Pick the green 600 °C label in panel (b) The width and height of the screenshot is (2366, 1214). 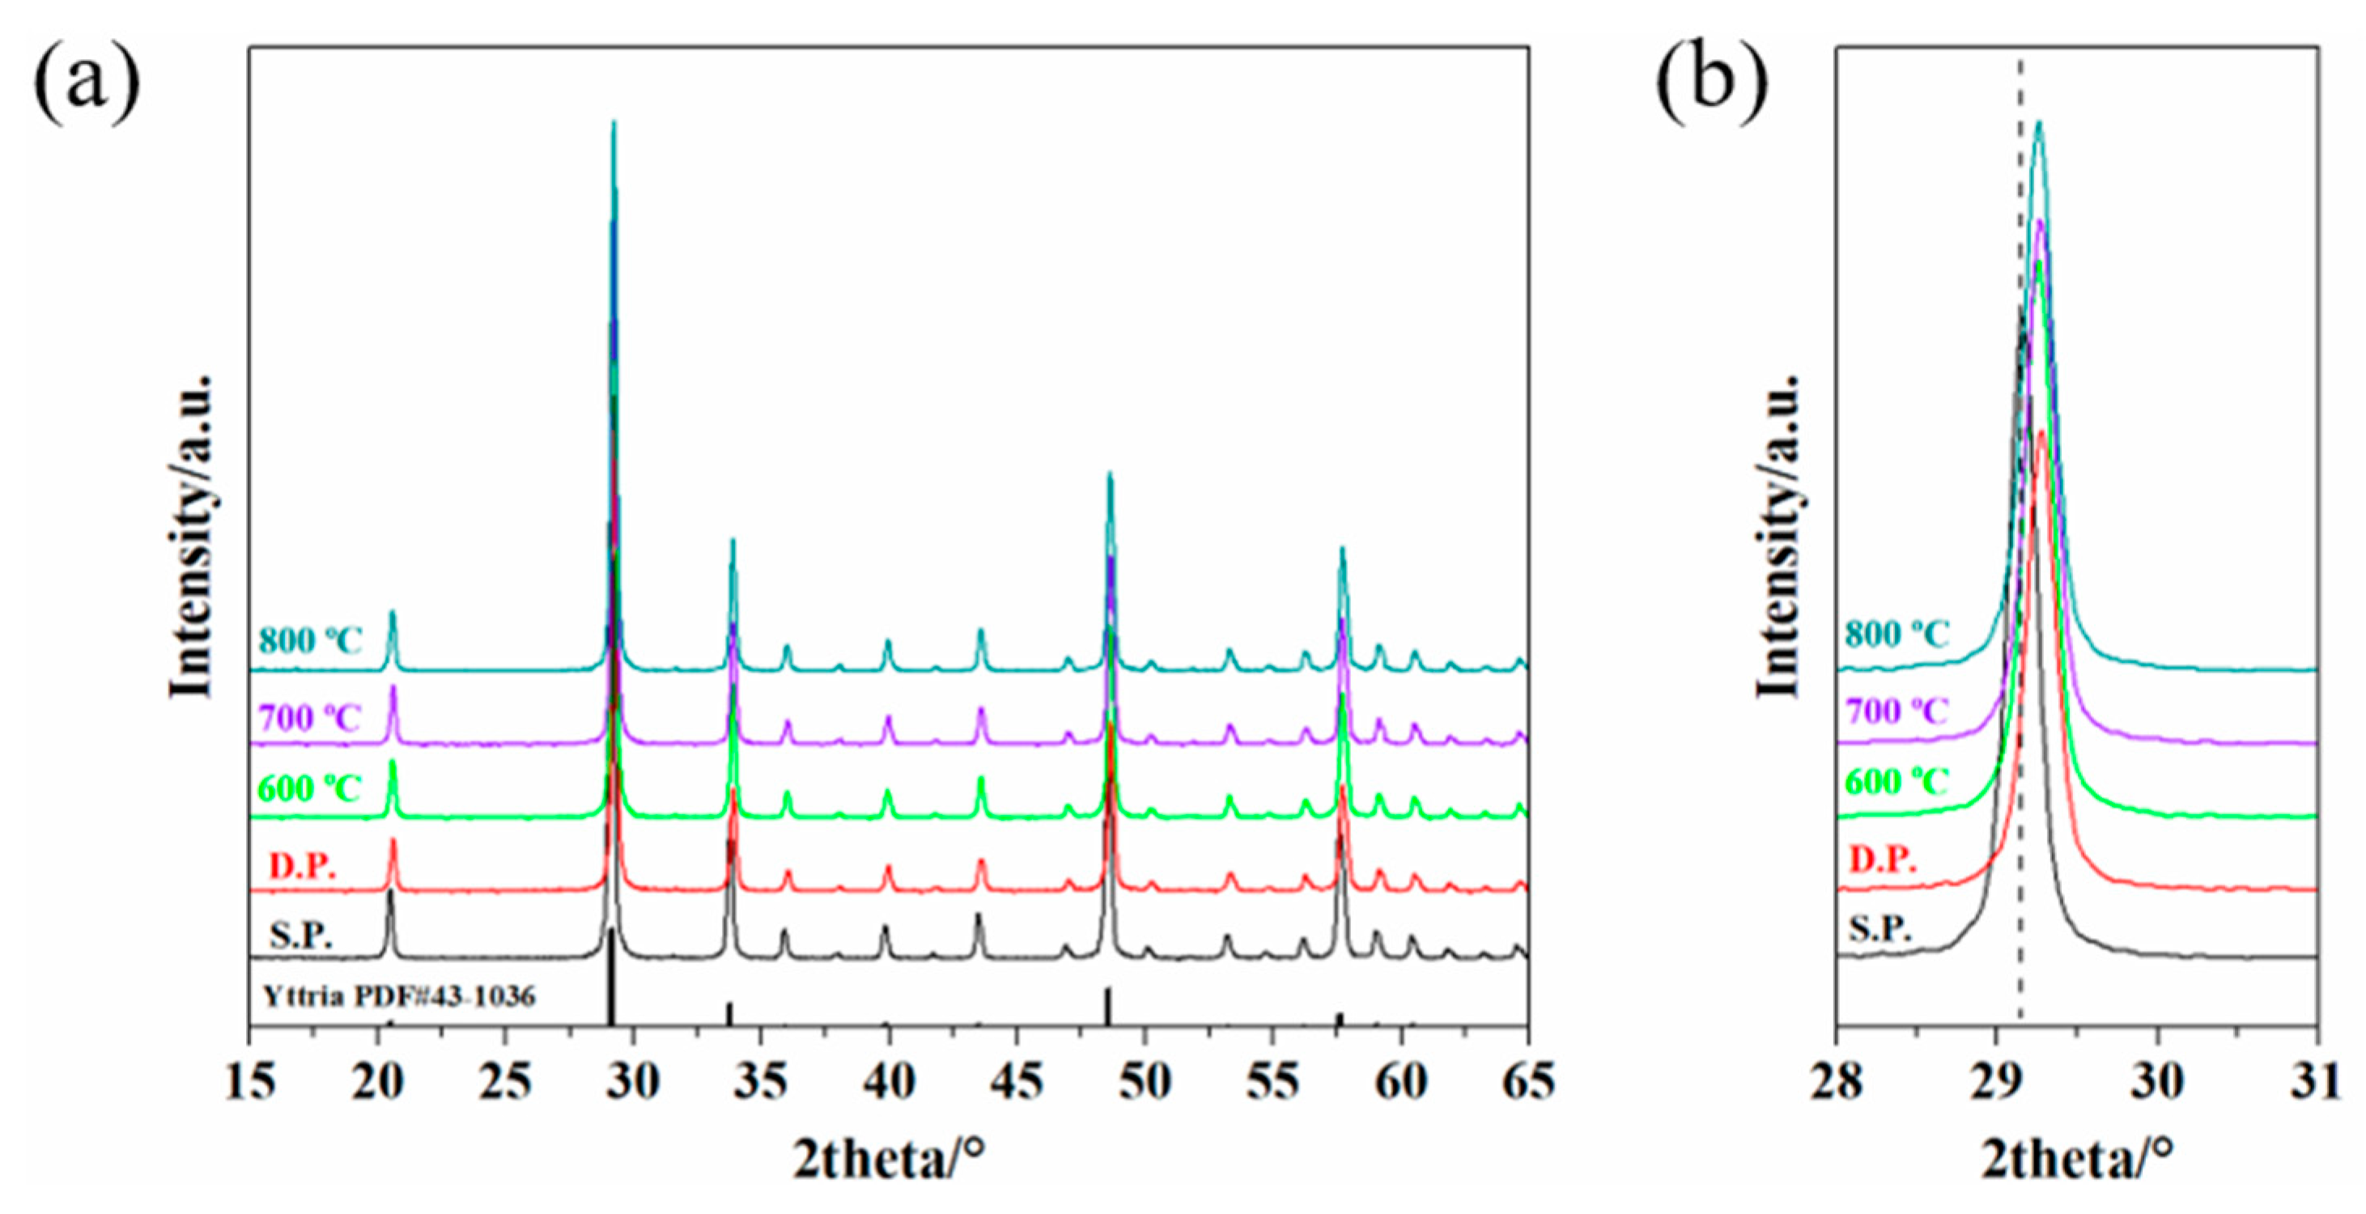click(1897, 783)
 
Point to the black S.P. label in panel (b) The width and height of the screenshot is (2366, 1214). click(1880, 929)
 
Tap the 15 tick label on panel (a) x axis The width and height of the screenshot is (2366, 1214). click(250, 1083)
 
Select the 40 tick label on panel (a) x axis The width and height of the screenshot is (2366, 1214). click(888, 1083)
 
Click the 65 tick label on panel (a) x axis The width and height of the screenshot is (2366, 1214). click(1527, 1083)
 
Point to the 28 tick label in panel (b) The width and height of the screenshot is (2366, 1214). click(1837, 1083)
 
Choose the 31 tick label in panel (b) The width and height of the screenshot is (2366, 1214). click(2317, 1083)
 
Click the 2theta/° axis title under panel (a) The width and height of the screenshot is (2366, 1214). click(888, 1161)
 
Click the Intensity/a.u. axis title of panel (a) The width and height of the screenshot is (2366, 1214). click(193, 537)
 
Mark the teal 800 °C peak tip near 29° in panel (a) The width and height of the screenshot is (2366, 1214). click(614, 123)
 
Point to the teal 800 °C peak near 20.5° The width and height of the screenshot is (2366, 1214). click(393, 613)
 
